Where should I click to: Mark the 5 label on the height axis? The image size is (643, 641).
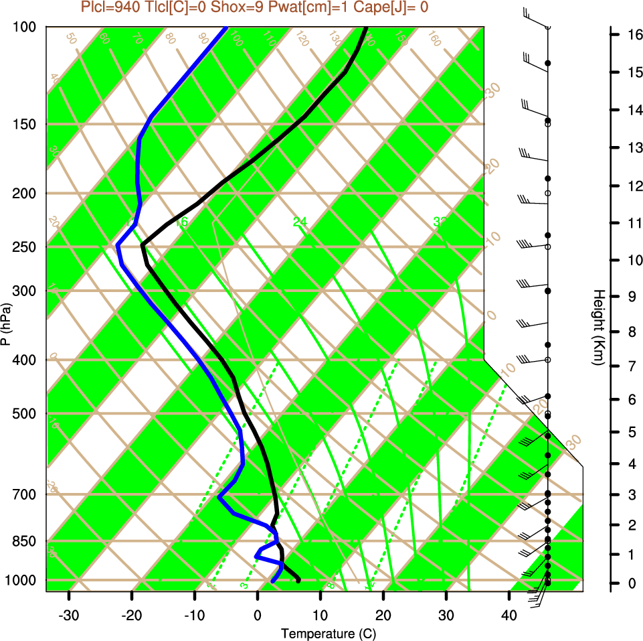[631, 432]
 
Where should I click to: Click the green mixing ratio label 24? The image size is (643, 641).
[299, 222]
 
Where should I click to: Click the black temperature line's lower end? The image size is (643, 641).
[298, 580]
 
